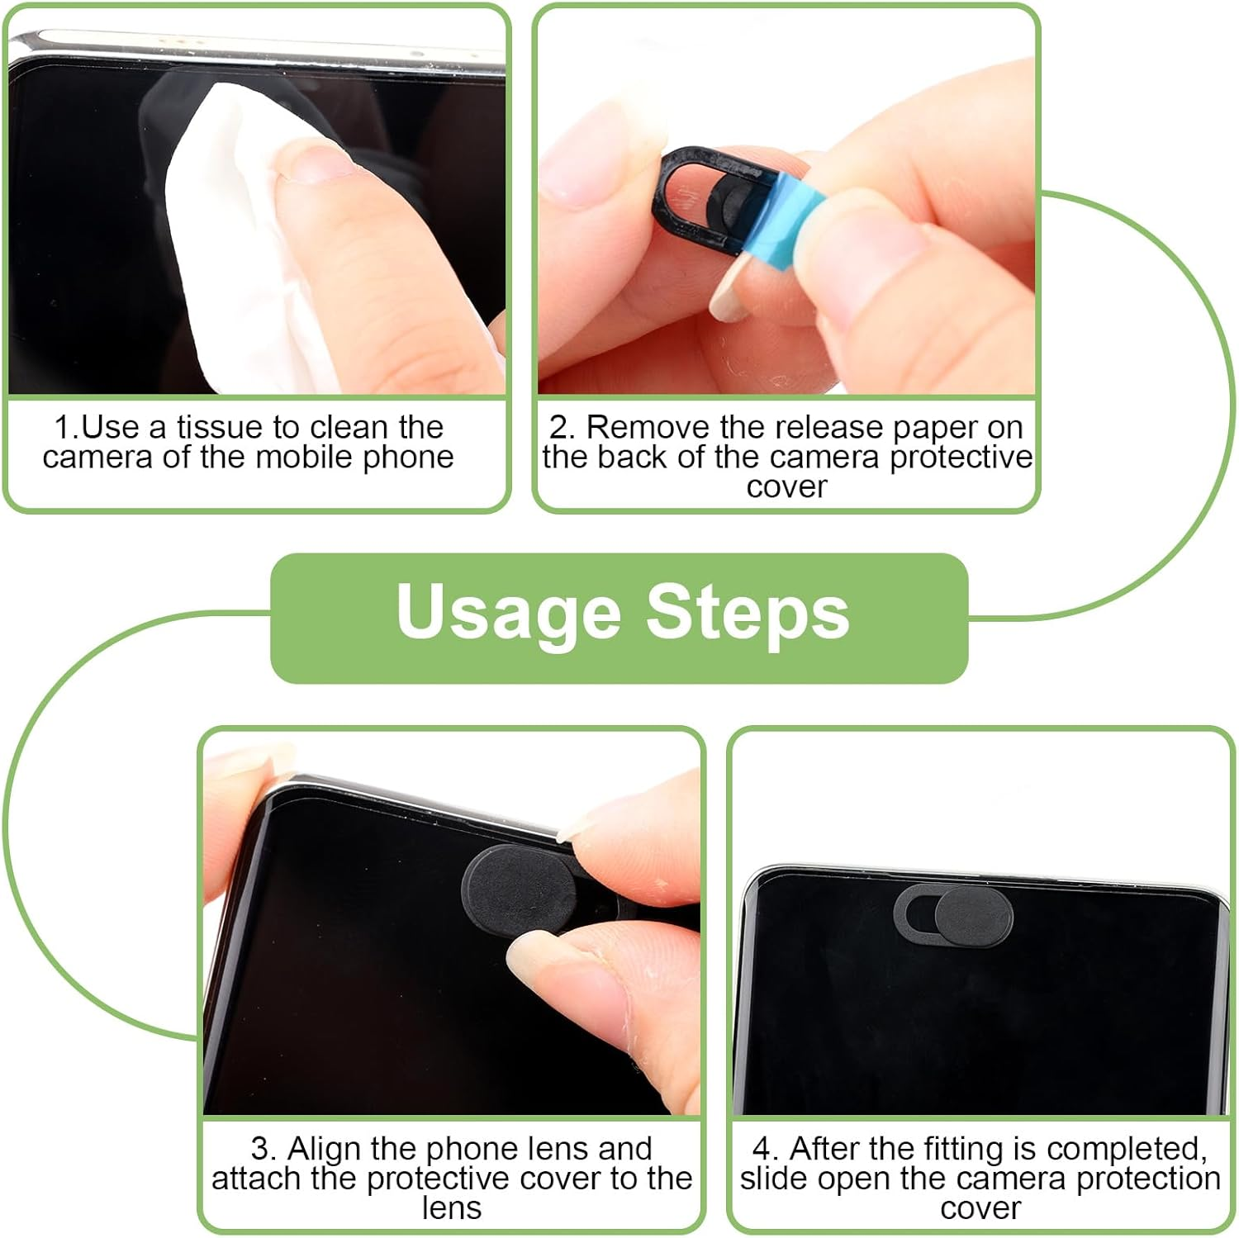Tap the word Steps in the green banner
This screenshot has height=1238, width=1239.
(x=748, y=612)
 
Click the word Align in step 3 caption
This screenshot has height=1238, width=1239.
(x=325, y=1149)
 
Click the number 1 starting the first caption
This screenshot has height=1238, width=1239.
(x=63, y=427)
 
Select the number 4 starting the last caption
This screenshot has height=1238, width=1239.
(x=762, y=1149)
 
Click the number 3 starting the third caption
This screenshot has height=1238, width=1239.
(x=261, y=1149)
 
